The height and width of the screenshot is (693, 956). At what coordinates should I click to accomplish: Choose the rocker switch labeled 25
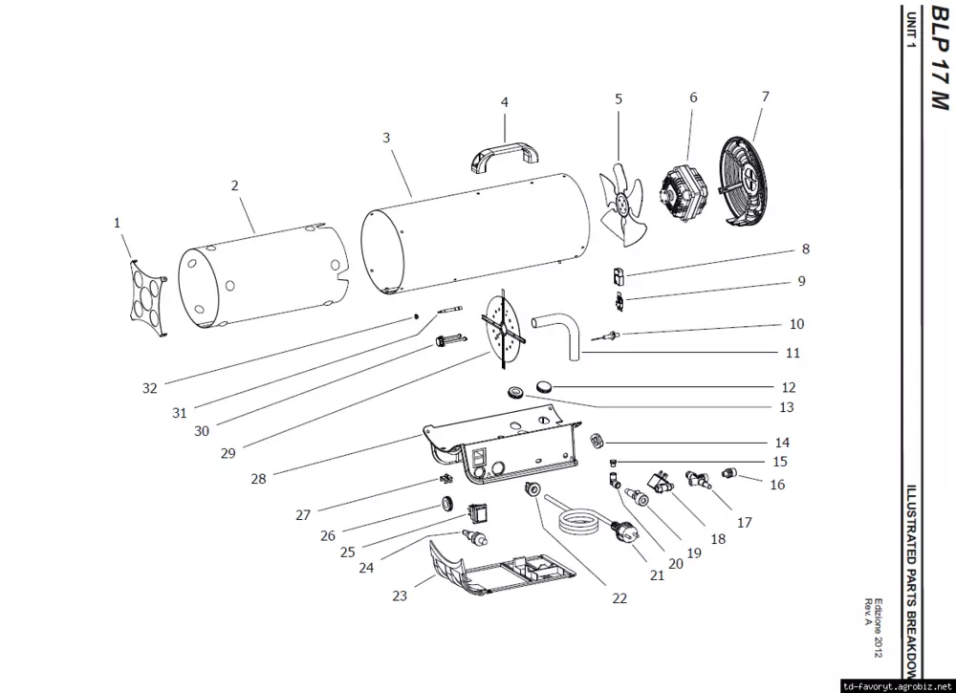pyautogui.click(x=478, y=512)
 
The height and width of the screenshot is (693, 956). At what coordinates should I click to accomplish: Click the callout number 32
pyautogui.click(x=149, y=388)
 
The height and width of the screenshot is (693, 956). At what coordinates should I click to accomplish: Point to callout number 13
pyautogui.click(x=786, y=407)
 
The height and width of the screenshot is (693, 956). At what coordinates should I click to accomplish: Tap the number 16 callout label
pyautogui.click(x=777, y=485)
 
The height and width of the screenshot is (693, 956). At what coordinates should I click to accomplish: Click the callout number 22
pyautogui.click(x=619, y=598)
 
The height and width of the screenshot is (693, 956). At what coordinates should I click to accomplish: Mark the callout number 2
pyautogui.click(x=235, y=186)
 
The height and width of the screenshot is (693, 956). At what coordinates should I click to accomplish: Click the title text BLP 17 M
pyautogui.click(x=934, y=57)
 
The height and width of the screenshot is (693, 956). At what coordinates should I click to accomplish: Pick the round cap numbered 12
pyautogui.click(x=546, y=384)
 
